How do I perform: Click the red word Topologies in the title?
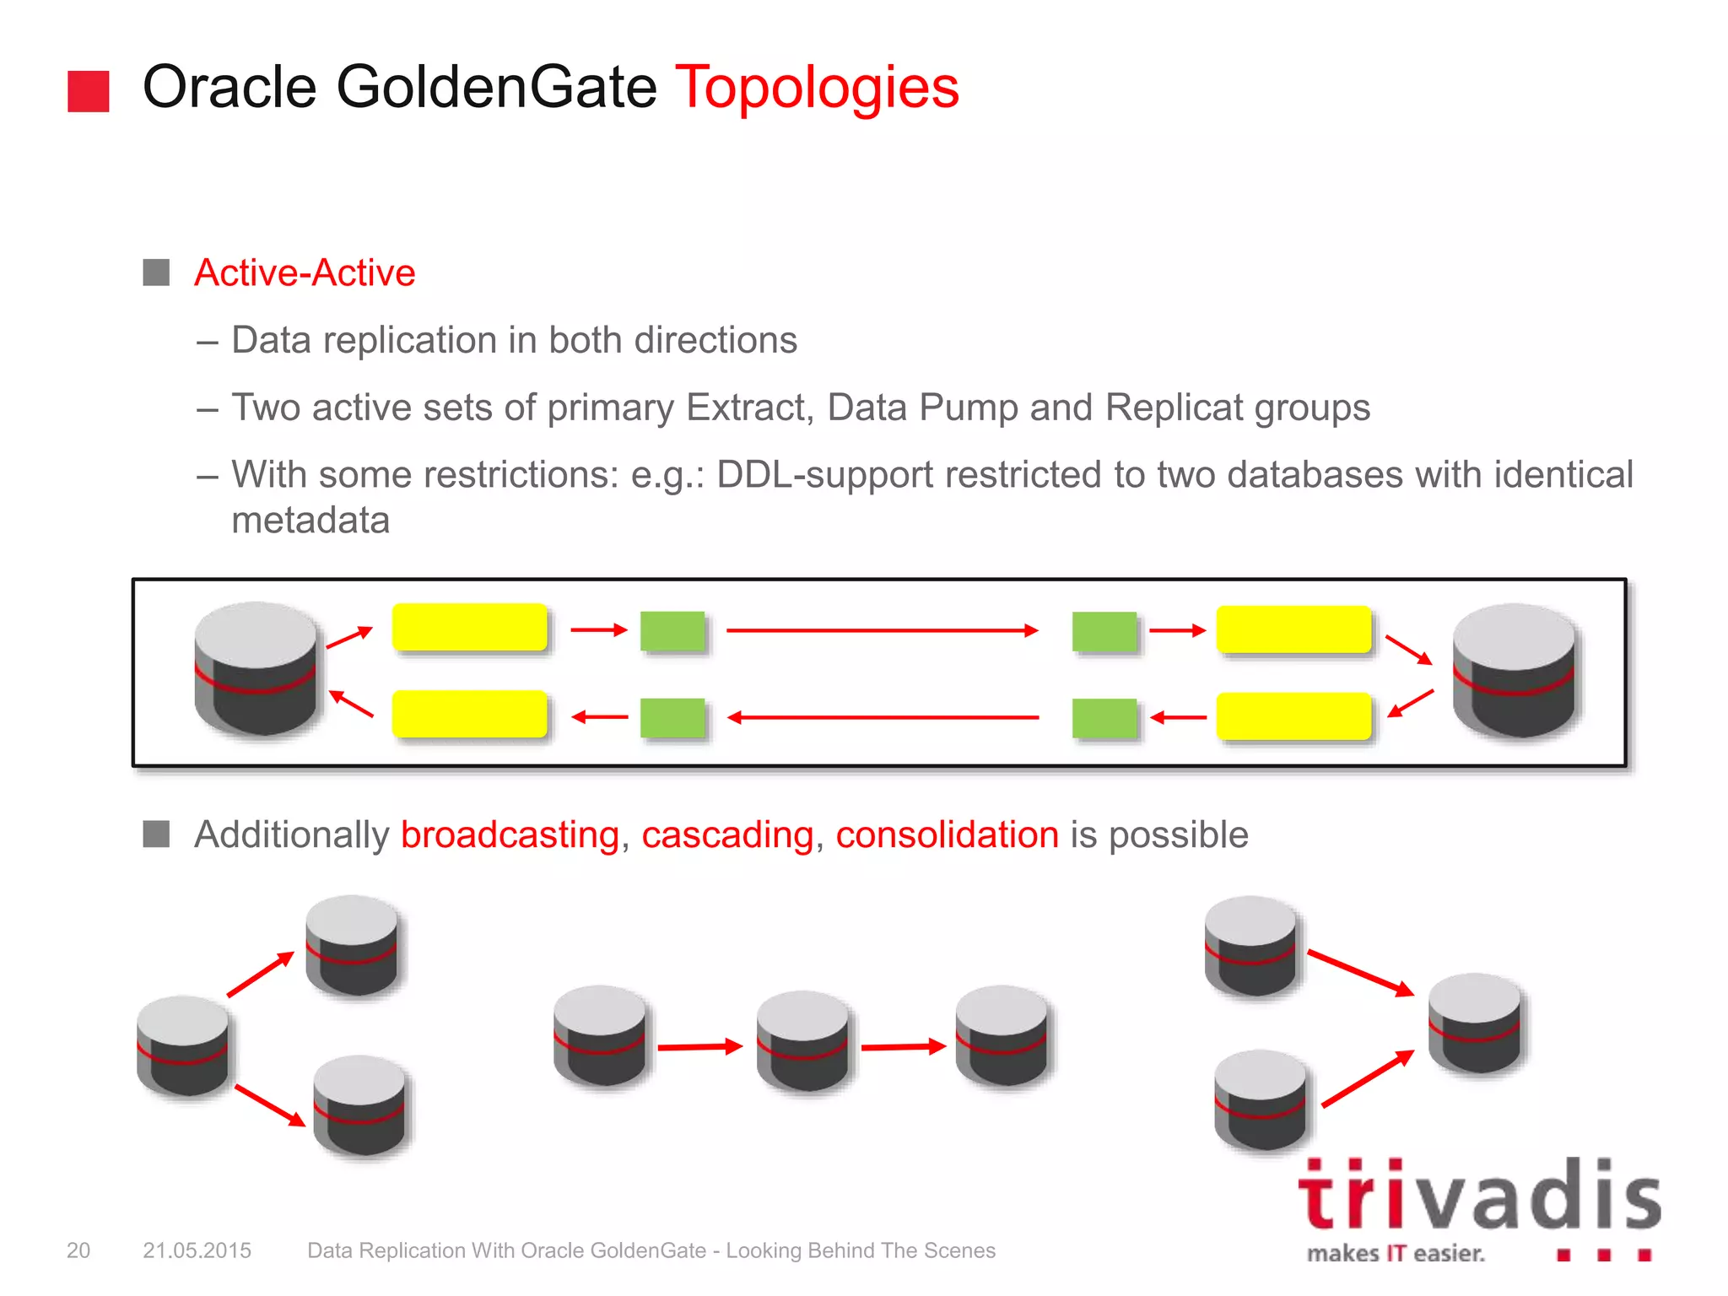(817, 87)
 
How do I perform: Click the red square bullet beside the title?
(89, 91)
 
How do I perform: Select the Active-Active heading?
(305, 273)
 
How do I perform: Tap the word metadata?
(310, 520)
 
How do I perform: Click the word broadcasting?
(510, 834)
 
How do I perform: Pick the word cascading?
(727, 834)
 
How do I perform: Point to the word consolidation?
(947, 834)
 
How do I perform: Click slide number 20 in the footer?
(78, 1250)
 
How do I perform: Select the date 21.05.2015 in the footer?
(197, 1250)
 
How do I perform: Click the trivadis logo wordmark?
(1478, 1196)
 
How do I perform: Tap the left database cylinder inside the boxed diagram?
(256, 668)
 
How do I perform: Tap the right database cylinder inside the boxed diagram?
(1514, 670)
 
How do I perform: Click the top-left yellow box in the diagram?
(470, 627)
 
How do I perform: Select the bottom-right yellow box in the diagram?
(1293, 716)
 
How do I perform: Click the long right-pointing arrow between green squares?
(882, 630)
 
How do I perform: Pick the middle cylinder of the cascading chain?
(802, 1040)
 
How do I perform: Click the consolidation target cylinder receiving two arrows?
(1474, 1023)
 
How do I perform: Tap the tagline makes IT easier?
(1396, 1254)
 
